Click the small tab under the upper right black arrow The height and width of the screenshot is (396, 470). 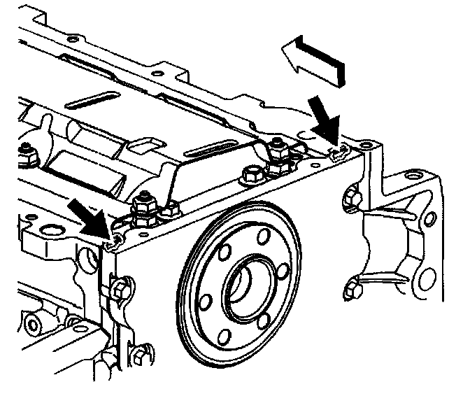pos(339,150)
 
